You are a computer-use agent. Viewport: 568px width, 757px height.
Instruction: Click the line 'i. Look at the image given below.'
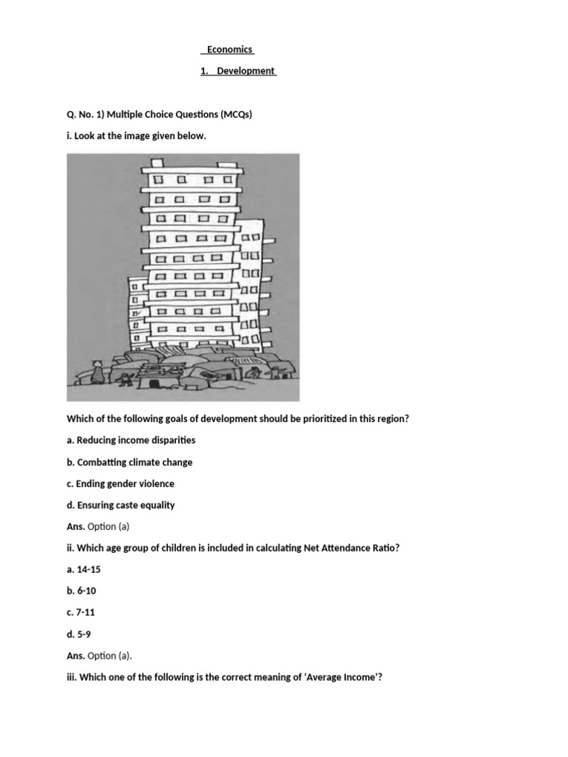pyautogui.click(x=136, y=137)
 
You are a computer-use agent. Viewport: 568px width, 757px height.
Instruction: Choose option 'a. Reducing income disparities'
pyautogui.click(x=131, y=440)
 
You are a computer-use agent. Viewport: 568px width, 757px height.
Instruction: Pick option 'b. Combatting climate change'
pyautogui.click(x=129, y=462)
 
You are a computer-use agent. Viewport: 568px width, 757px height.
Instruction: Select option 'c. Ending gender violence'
pyautogui.click(x=121, y=483)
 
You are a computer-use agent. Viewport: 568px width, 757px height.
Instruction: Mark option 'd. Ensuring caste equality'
pyautogui.click(x=121, y=505)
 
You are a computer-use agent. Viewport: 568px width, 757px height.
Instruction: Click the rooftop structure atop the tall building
pyautogui.click(x=157, y=163)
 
